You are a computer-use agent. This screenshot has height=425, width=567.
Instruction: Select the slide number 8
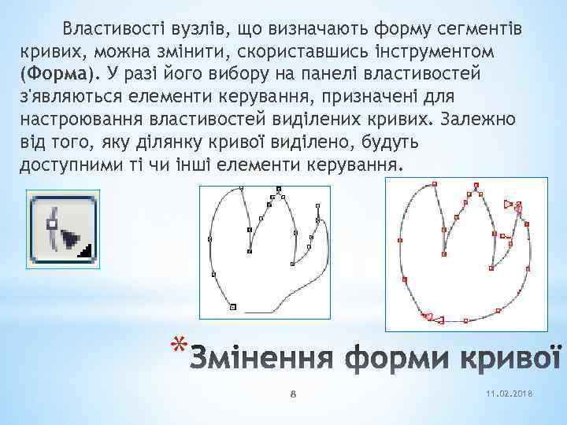pos(291,394)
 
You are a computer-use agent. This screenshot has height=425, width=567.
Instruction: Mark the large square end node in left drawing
pos(233,307)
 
